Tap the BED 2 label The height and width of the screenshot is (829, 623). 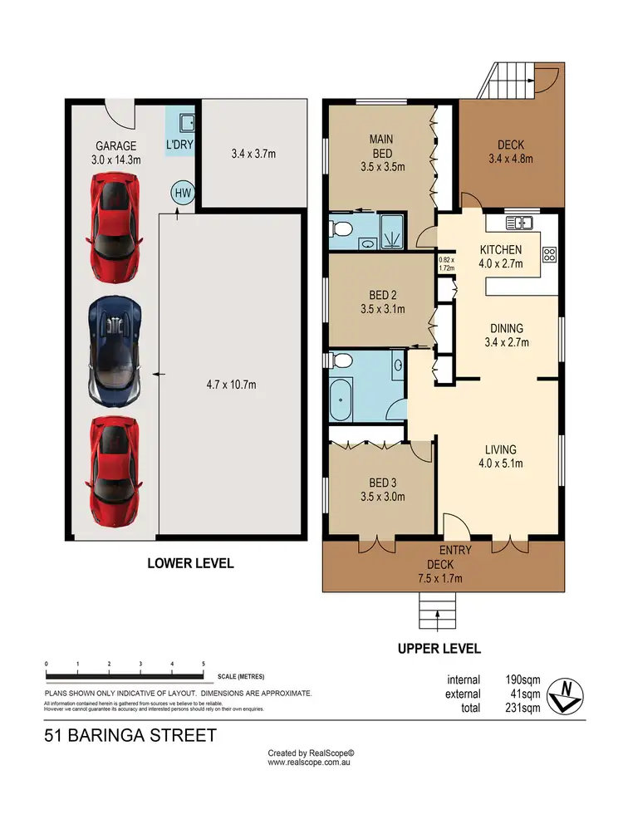pyautogui.click(x=381, y=302)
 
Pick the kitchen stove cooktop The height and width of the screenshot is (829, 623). pyautogui.click(x=548, y=254)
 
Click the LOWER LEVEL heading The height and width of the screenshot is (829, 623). pyautogui.click(x=190, y=563)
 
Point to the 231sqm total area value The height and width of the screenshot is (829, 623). pyautogui.click(x=524, y=709)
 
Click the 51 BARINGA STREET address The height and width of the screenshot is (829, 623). pyautogui.click(x=130, y=735)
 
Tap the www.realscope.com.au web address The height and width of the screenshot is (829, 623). pyautogui.click(x=311, y=761)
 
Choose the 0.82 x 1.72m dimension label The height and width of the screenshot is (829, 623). pyautogui.click(x=447, y=264)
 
